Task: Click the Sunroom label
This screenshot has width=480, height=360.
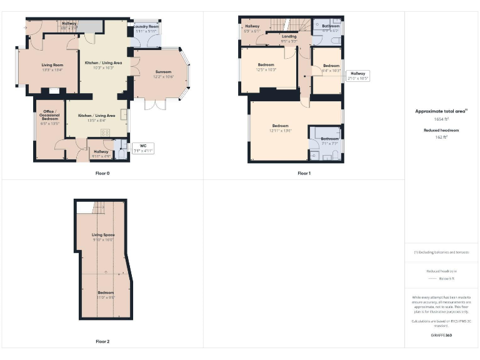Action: (163, 72)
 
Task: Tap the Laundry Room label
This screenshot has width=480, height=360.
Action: (146, 27)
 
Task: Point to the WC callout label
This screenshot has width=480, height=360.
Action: (142, 146)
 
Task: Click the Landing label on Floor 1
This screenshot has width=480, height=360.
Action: (289, 36)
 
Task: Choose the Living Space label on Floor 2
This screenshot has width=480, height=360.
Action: (104, 235)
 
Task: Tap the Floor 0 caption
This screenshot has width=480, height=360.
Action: (102, 172)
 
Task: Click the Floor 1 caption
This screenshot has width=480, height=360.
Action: (304, 172)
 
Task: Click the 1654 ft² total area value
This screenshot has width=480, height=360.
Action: (442, 118)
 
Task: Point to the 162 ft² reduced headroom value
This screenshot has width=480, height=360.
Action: (442, 137)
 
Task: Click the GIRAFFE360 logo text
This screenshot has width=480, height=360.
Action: (441, 336)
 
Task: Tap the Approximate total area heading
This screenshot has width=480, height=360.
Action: (441, 111)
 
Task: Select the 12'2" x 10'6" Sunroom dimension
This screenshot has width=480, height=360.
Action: (163, 77)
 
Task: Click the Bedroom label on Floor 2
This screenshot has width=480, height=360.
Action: (106, 292)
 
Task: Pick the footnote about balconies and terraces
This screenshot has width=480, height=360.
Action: (441, 252)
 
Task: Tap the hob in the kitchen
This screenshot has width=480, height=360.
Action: (104, 132)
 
